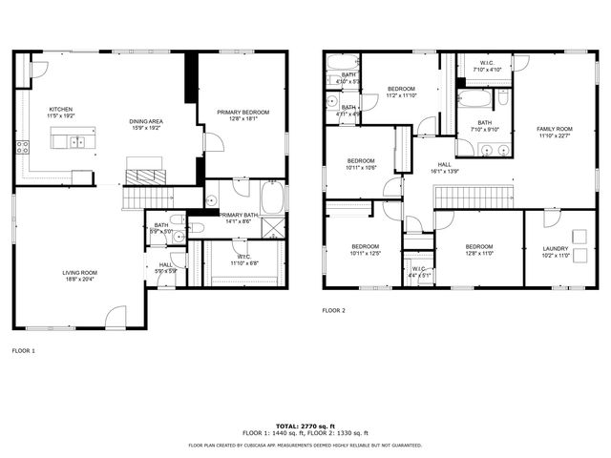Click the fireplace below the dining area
145,177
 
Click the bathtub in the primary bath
272,198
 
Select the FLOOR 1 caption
23,351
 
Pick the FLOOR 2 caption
333,310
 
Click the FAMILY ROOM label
554,131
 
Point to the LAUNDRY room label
555,252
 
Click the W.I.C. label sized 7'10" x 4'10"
482,67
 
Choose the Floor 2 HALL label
444,167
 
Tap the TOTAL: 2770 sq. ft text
305,425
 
